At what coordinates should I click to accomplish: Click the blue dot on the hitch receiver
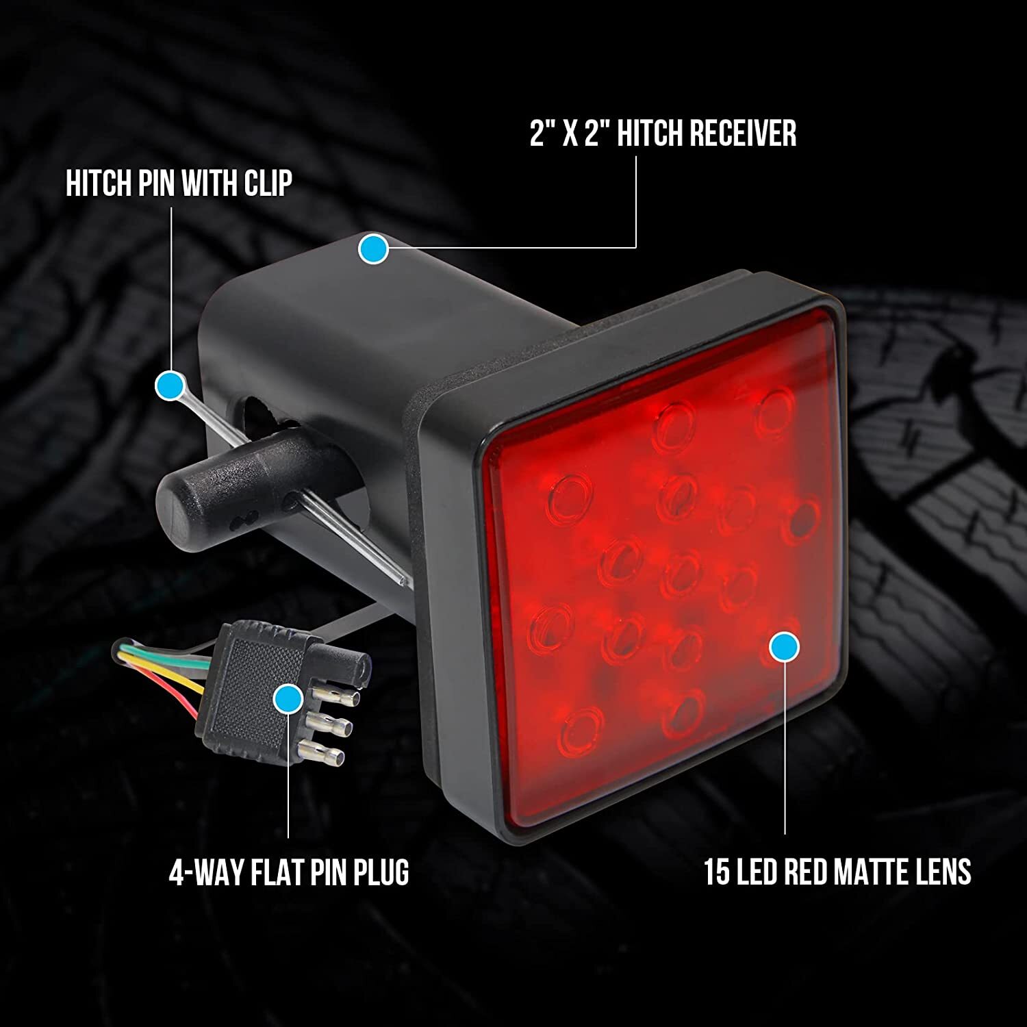pos(373,249)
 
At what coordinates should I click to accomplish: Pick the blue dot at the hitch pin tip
pos(169,386)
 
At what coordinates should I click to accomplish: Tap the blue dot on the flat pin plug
pos(288,700)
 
